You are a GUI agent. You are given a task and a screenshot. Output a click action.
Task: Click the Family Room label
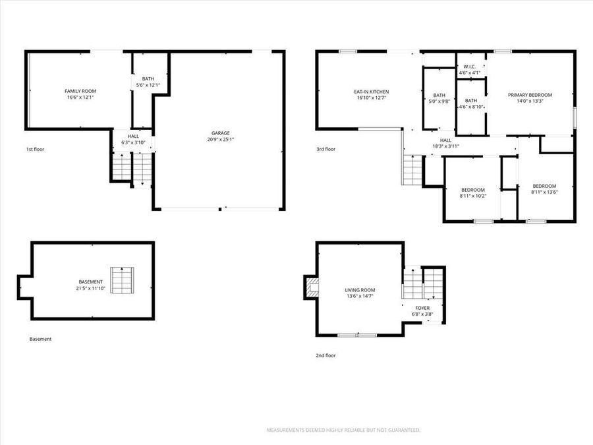[79, 94]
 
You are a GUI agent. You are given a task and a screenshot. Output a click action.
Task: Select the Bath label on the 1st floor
[148, 82]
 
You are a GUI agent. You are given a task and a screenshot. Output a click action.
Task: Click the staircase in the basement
[121, 280]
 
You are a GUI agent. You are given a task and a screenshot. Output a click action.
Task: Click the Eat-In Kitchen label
[370, 95]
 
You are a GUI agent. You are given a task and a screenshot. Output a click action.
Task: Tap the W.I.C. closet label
[470, 69]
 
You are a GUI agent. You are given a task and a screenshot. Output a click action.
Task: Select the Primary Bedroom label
[530, 98]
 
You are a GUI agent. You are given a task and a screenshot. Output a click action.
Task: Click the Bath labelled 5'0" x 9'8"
[439, 98]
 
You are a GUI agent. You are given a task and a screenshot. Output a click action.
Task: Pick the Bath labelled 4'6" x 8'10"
[471, 104]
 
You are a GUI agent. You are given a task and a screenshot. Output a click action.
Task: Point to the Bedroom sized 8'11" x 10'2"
[472, 193]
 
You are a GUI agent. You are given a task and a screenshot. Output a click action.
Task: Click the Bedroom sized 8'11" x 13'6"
[544, 189]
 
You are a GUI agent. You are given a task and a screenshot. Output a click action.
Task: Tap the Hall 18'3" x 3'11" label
[445, 143]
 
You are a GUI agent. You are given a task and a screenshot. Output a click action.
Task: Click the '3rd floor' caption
[325, 150]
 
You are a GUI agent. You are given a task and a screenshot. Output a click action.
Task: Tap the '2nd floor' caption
[325, 355]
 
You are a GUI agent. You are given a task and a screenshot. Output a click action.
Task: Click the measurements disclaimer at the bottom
[343, 430]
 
